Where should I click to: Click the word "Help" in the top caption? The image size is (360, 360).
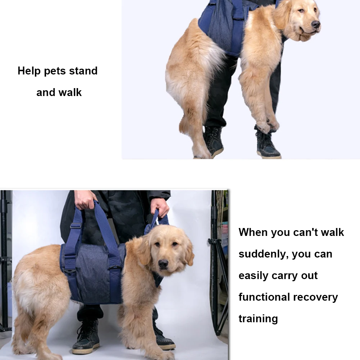(x=29, y=71)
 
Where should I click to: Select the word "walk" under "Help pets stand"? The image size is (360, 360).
(x=70, y=92)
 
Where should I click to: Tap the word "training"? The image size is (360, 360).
(x=258, y=319)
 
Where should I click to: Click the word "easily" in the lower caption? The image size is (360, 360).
(x=253, y=276)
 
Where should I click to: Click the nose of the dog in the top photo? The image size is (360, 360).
(x=315, y=24)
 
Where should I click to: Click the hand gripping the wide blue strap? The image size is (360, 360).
(x=85, y=199)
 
